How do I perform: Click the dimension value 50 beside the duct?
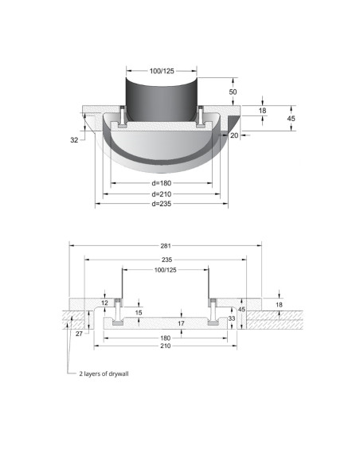[233, 92]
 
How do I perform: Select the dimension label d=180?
[162, 183]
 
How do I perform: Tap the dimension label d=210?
[162, 194]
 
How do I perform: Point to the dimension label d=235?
[162, 204]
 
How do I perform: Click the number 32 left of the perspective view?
[74, 140]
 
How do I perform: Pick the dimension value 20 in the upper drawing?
[234, 135]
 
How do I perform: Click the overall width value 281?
[166, 245]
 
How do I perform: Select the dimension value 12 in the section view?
[104, 303]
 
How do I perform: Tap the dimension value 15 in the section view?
[139, 313]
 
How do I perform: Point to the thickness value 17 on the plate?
[181, 323]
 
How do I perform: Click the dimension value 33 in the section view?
[232, 318]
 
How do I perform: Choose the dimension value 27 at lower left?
[79, 334]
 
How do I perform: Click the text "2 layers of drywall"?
[104, 373]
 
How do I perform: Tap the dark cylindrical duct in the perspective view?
[162, 100]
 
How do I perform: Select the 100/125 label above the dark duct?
[162, 71]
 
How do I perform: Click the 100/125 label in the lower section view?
[165, 270]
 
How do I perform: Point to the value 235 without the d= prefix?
[166, 260]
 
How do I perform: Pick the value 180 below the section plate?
[166, 338]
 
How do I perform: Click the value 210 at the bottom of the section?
[166, 346]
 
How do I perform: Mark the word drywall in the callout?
[119, 373]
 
